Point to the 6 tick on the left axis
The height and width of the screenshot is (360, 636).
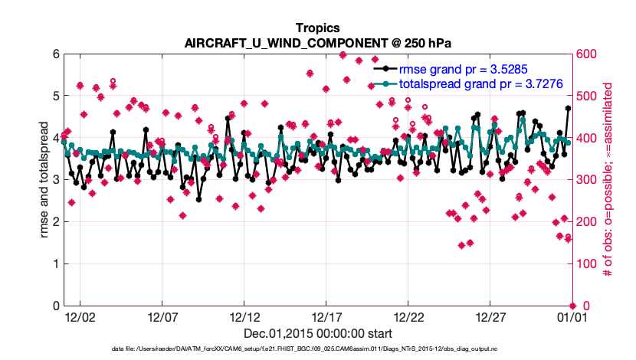(55, 54)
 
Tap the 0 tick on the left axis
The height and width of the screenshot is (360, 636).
(55, 306)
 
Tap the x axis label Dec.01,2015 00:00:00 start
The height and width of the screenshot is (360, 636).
(318, 333)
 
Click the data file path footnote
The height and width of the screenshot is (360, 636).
(318, 349)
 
